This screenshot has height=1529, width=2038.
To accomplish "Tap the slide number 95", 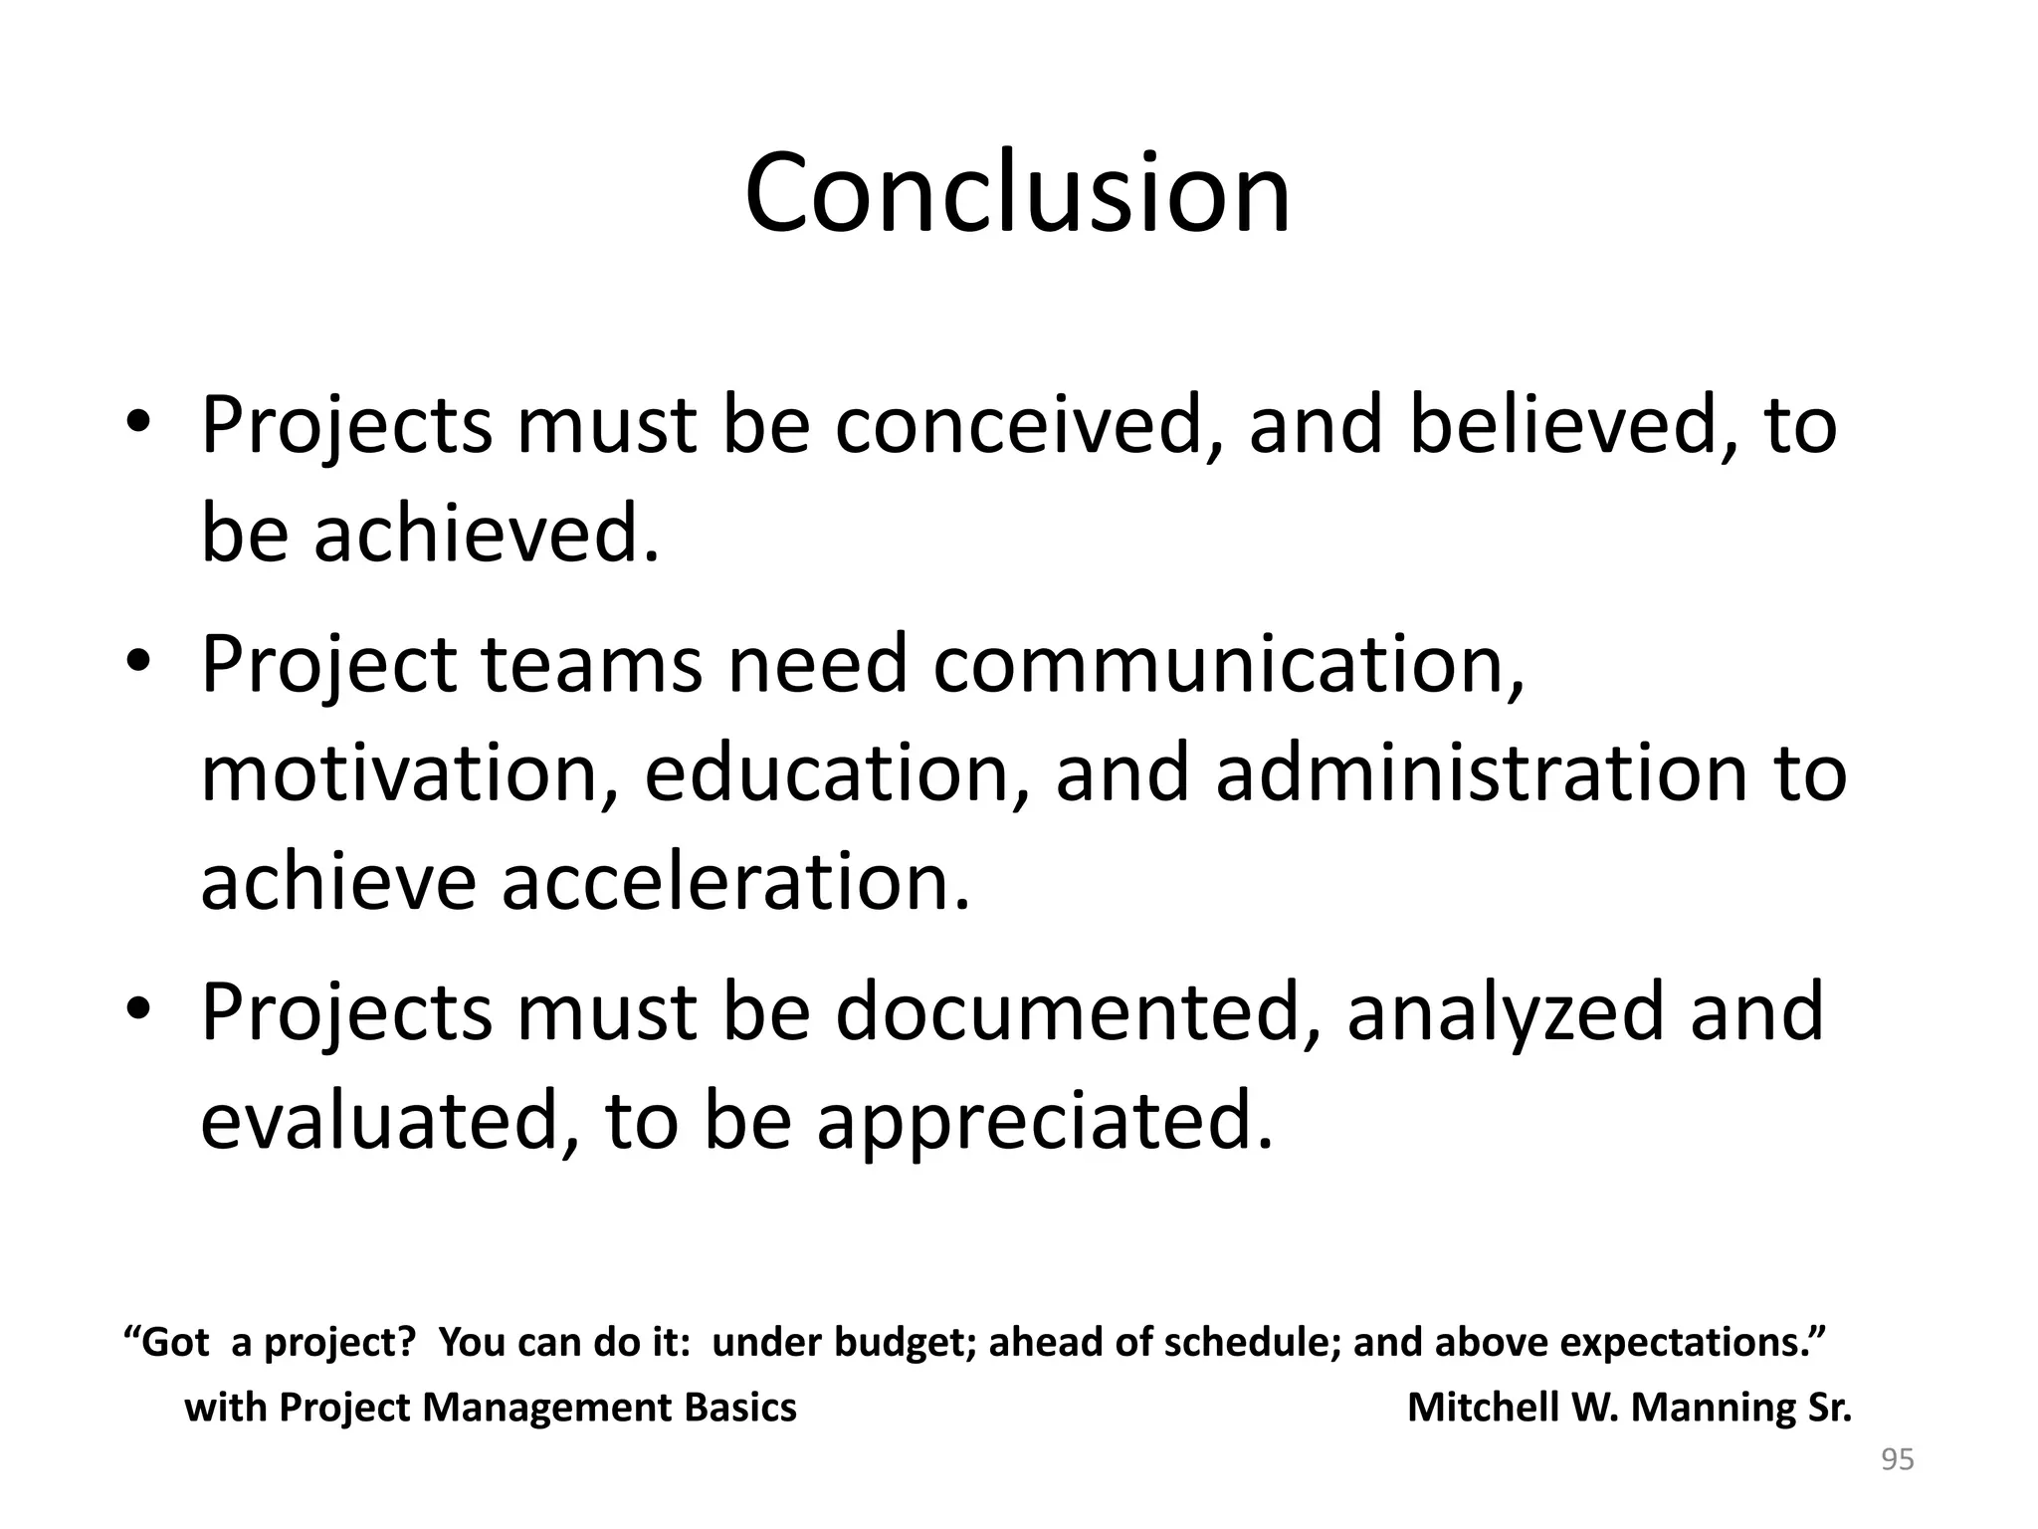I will pos(1897,1460).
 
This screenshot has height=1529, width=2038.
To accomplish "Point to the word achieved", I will pos(487,534).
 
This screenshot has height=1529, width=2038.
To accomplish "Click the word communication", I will pos(1228,665).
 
